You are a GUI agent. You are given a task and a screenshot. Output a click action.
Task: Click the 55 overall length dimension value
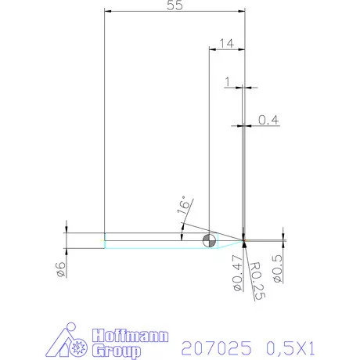(x=174, y=5)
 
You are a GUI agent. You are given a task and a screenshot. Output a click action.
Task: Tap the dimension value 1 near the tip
(x=228, y=81)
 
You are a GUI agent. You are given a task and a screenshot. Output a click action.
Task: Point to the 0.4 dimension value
(x=268, y=119)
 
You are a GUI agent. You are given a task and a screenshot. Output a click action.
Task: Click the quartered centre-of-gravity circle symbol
(x=208, y=240)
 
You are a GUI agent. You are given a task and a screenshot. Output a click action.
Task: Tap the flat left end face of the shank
(x=105, y=240)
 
